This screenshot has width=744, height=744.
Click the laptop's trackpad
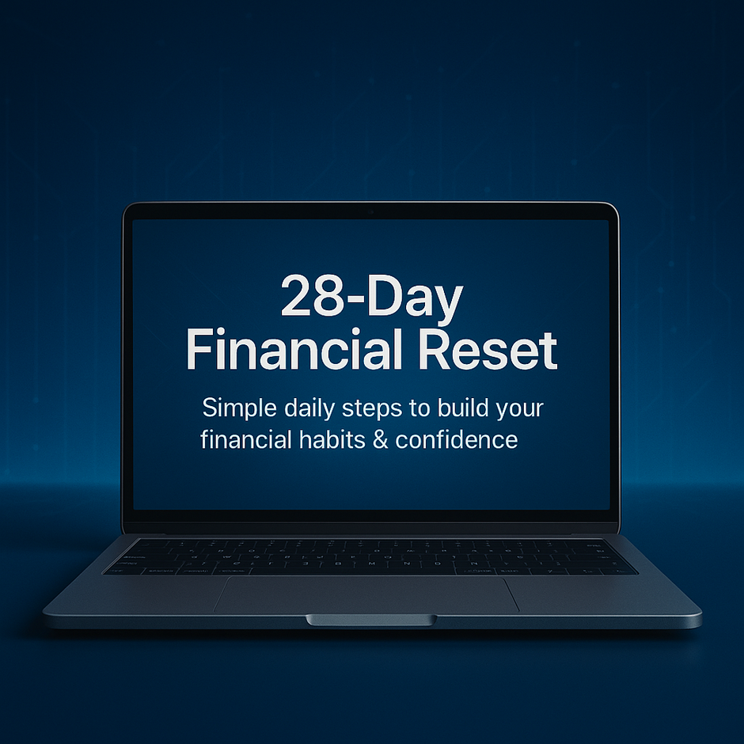(x=366, y=594)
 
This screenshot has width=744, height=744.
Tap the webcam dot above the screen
(x=370, y=213)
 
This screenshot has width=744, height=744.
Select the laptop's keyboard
(x=370, y=556)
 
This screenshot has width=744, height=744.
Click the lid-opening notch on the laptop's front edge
(x=370, y=619)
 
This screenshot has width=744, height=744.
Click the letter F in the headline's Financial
(x=199, y=351)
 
